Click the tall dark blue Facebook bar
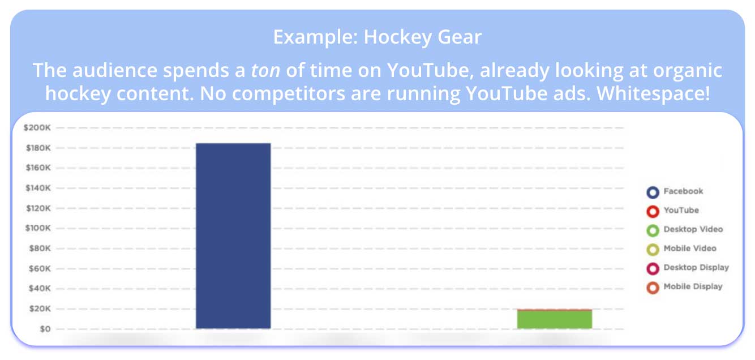(233, 235)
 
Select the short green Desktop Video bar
(555, 319)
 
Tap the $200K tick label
(37, 128)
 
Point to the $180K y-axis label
(38, 148)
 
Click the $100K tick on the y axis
(38, 228)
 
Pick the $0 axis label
(45, 329)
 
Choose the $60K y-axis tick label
(40, 269)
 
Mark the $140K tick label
(38, 188)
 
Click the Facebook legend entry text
(683, 191)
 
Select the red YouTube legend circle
(653, 212)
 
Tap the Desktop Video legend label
(693, 229)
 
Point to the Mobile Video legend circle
(653, 250)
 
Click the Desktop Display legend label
(696, 268)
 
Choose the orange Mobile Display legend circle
(653, 288)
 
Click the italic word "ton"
(265, 70)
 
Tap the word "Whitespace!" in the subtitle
(653, 93)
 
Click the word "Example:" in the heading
(315, 37)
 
